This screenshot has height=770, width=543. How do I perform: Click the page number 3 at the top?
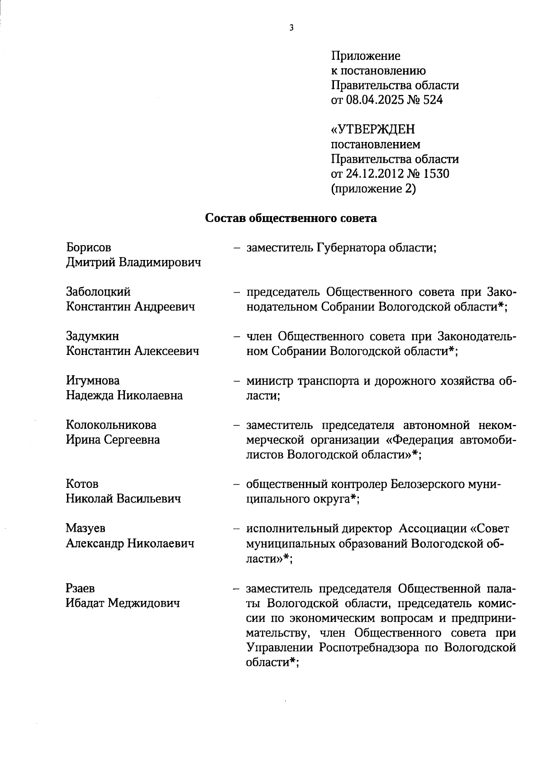[291, 28]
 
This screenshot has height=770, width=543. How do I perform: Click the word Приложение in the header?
[366, 57]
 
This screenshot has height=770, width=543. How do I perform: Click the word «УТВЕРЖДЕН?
[373, 130]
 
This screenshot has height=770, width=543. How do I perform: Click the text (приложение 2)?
[373, 189]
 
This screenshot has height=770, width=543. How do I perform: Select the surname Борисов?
[89, 248]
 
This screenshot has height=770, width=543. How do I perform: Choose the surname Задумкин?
[93, 336]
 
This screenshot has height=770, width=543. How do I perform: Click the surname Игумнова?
[93, 381]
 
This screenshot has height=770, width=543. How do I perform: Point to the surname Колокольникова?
[111, 425]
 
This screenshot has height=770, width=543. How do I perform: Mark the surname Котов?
[82, 484]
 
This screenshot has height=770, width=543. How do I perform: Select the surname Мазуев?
[86, 529]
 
